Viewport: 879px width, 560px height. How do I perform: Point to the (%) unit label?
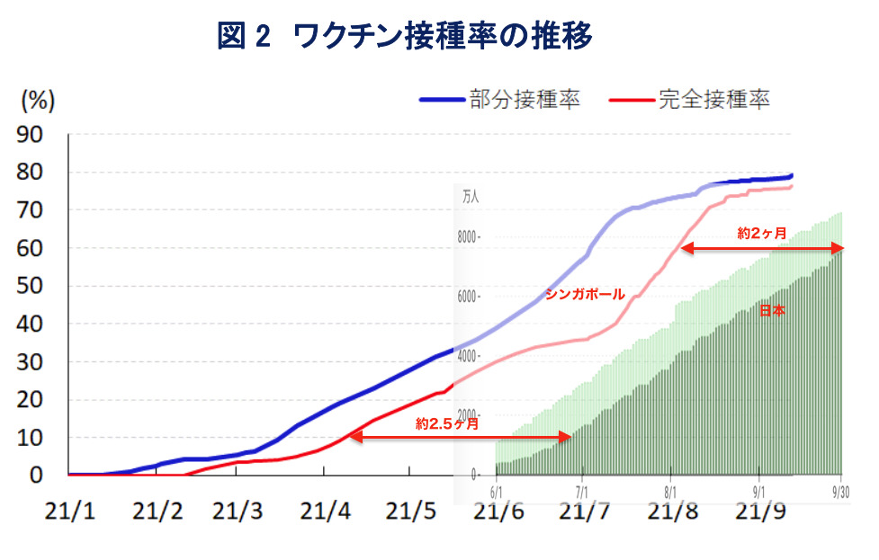coord(38,101)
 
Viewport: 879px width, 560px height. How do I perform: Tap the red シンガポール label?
coord(586,294)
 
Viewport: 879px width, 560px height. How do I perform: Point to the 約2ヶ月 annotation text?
coord(762,234)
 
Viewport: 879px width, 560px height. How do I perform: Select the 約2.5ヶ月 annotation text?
coord(447,422)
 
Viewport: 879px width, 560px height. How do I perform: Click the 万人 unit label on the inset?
coord(471,196)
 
